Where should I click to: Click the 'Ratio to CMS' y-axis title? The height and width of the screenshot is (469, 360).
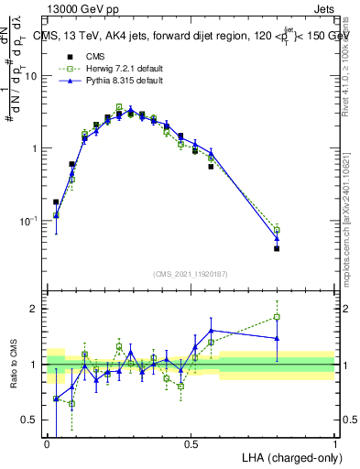[x=15, y=364]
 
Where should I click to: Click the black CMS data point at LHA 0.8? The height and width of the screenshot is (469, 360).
[x=277, y=248]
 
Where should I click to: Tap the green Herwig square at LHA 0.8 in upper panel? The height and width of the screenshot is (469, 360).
[x=277, y=230]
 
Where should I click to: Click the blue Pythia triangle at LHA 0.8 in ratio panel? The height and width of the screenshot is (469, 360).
[x=277, y=338]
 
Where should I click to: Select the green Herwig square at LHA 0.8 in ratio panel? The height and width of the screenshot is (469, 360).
[x=277, y=317]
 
